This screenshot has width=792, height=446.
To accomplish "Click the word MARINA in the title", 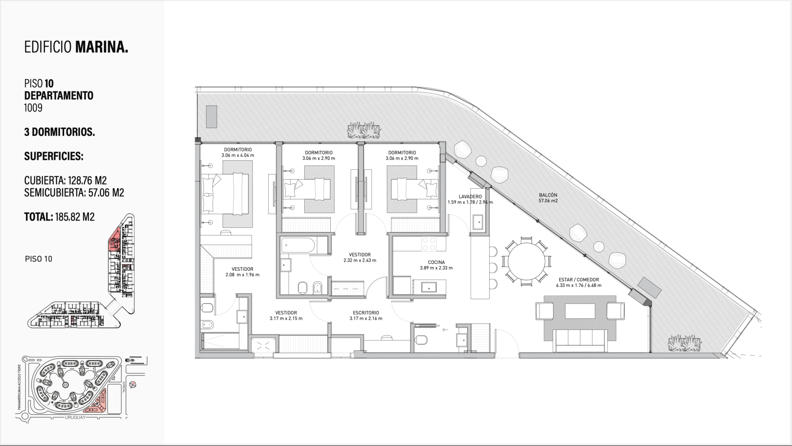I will click(101, 47).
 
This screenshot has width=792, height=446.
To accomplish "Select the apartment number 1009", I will click(33, 108).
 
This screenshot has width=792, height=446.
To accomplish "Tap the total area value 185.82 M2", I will click(75, 217).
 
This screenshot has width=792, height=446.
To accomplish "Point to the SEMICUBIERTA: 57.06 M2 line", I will click(74, 193).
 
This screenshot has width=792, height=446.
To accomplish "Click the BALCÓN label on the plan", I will click(548, 195).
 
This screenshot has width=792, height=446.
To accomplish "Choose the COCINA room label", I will click(436, 262).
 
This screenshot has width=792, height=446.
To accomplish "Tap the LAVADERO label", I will click(470, 197).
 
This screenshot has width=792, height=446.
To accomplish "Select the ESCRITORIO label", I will click(366, 313).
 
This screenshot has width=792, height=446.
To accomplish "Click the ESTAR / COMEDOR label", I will click(579, 280).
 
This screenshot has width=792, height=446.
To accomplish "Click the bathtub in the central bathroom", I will click(298, 245).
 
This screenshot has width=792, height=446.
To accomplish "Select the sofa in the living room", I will click(580, 340).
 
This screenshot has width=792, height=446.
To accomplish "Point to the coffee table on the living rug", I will click(580, 311).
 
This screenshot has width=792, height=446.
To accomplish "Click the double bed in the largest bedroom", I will click(225, 193).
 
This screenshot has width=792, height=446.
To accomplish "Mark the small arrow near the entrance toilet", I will click(445, 330).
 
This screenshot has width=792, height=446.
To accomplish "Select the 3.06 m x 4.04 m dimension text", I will click(237, 156).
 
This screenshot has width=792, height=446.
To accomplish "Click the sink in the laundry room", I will click(478, 222).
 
